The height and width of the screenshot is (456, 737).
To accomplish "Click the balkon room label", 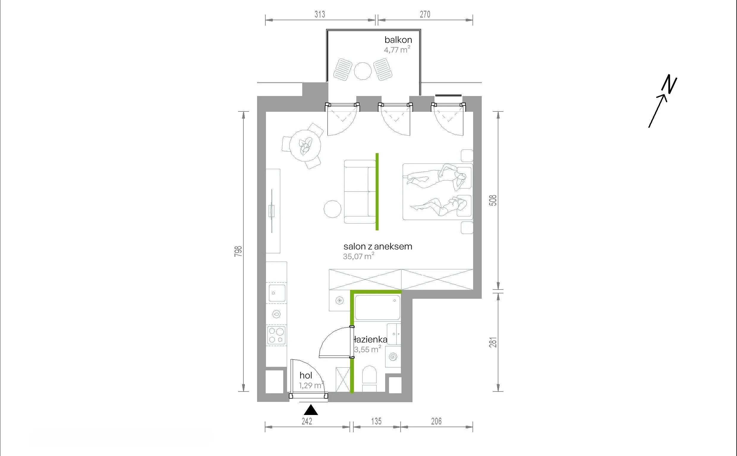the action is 398,40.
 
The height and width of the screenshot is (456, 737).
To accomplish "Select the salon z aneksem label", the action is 378,246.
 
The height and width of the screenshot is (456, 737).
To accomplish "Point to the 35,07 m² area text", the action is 359,256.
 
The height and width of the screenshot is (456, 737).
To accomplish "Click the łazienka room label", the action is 371,339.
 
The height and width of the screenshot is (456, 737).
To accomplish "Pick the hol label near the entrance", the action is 306,375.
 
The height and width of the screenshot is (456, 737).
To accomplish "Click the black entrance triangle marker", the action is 311,411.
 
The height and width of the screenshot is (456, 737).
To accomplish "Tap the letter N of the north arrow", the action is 669,85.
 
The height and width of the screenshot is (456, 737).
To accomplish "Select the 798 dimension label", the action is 238,251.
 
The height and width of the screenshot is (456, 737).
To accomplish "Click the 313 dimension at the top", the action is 320,14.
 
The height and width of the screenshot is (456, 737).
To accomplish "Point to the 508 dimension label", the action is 493,200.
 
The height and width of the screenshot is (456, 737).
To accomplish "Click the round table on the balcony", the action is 362,71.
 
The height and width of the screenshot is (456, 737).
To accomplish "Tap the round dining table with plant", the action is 305,145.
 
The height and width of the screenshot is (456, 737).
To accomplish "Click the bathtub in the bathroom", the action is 377,307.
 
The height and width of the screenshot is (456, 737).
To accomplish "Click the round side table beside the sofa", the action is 333,209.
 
